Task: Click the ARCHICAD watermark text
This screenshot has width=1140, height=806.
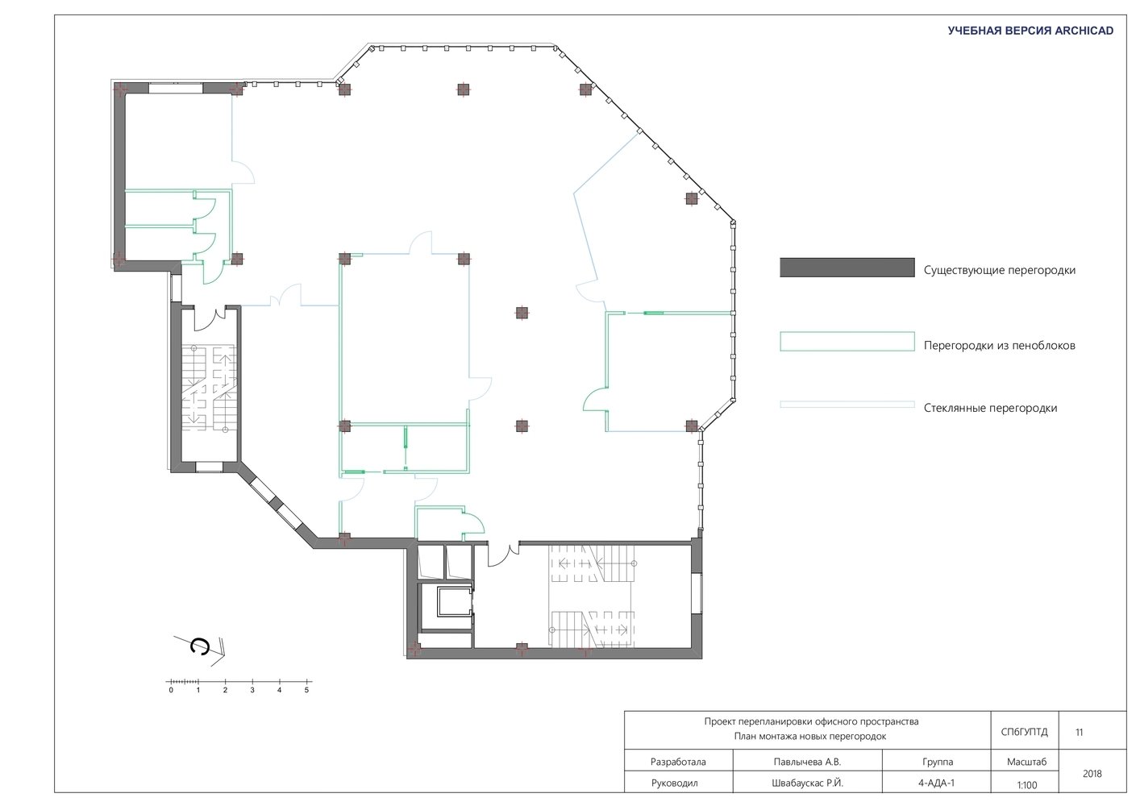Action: tap(1030, 31)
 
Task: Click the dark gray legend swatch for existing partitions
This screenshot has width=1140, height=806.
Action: tap(847, 268)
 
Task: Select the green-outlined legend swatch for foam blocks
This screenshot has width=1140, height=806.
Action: tap(847, 342)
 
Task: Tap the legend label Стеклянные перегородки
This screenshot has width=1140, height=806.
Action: tap(990, 408)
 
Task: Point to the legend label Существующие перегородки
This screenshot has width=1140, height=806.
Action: tap(1000, 270)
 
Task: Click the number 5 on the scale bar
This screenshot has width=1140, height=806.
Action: tap(306, 690)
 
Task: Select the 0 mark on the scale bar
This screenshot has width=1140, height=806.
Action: tap(171, 690)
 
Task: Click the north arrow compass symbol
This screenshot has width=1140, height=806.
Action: tap(200, 650)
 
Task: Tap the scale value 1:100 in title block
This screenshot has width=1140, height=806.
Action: tap(1027, 785)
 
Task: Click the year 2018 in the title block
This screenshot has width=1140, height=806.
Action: tap(1092, 774)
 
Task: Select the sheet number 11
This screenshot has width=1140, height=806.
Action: tap(1079, 732)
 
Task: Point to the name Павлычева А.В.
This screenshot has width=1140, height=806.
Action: tap(807, 762)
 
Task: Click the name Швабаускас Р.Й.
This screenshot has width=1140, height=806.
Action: tap(807, 783)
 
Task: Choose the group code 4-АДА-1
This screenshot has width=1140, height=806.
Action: tap(937, 783)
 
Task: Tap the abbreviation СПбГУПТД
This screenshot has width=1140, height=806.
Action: tap(1024, 732)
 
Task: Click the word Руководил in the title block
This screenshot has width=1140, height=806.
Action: tap(674, 783)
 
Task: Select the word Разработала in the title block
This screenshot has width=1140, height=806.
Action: tap(678, 762)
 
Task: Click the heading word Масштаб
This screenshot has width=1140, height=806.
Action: tap(1026, 762)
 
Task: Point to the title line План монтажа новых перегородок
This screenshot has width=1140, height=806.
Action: tap(810, 737)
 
